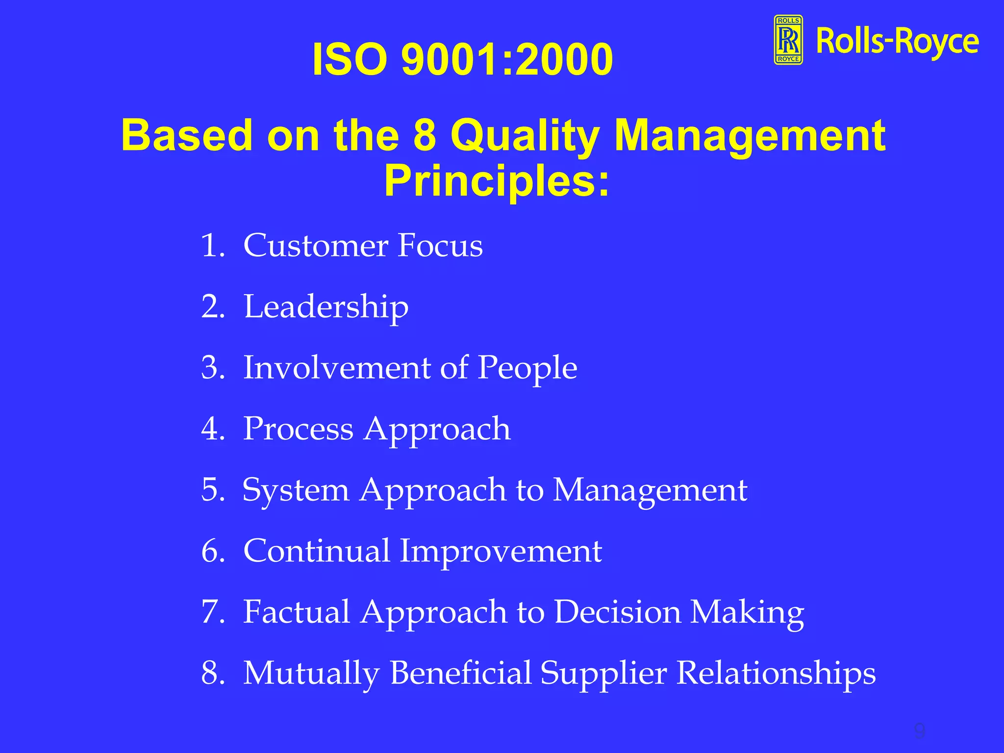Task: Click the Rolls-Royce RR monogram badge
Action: [788, 40]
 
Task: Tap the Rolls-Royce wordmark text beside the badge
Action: [897, 42]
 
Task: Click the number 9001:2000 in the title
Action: [507, 59]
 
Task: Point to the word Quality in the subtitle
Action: [525, 136]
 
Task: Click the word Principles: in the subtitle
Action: [496, 181]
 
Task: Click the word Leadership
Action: [326, 307]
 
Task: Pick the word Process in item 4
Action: [298, 429]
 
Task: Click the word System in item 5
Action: [296, 490]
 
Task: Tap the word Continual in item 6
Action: [316, 551]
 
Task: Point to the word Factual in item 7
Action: [296, 612]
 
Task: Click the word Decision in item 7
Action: [618, 612]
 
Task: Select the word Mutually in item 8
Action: [311, 673]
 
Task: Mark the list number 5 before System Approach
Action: [211, 489]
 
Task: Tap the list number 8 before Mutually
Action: [211, 673]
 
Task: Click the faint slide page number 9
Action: [919, 731]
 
